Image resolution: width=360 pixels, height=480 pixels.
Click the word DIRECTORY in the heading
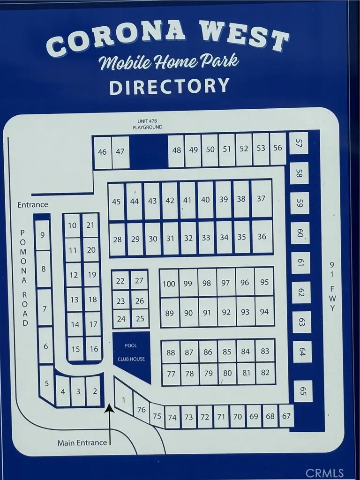[x=170, y=86]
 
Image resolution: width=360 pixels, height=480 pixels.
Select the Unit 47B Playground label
[x=147, y=124]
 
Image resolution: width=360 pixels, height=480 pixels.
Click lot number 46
[x=102, y=151]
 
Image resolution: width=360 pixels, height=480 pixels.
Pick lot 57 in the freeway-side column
[x=299, y=143]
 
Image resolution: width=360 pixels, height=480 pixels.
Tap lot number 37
[x=261, y=199]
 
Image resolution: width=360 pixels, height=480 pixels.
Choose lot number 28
[x=117, y=240]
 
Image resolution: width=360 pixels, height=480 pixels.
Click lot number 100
[x=169, y=284]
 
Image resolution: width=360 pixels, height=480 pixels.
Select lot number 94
[x=264, y=312]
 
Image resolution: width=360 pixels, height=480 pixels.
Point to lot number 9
[x=42, y=234]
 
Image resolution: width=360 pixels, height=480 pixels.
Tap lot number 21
[x=90, y=225]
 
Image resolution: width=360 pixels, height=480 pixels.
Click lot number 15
[x=75, y=349]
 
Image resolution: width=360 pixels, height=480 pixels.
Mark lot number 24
[x=121, y=319]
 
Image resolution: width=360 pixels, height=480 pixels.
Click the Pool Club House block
[x=131, y=352]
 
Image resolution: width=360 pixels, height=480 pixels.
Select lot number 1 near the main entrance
[x=123, y=400]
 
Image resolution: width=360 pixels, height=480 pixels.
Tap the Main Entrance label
[x=82, y=442]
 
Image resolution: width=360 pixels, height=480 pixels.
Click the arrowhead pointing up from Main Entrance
[x=109, y=409]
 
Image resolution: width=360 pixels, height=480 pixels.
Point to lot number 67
[x=286, y=416]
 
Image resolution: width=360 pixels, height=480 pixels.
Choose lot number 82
[x=265, y=373]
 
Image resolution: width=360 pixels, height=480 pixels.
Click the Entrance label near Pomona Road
[x=33, y=204]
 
